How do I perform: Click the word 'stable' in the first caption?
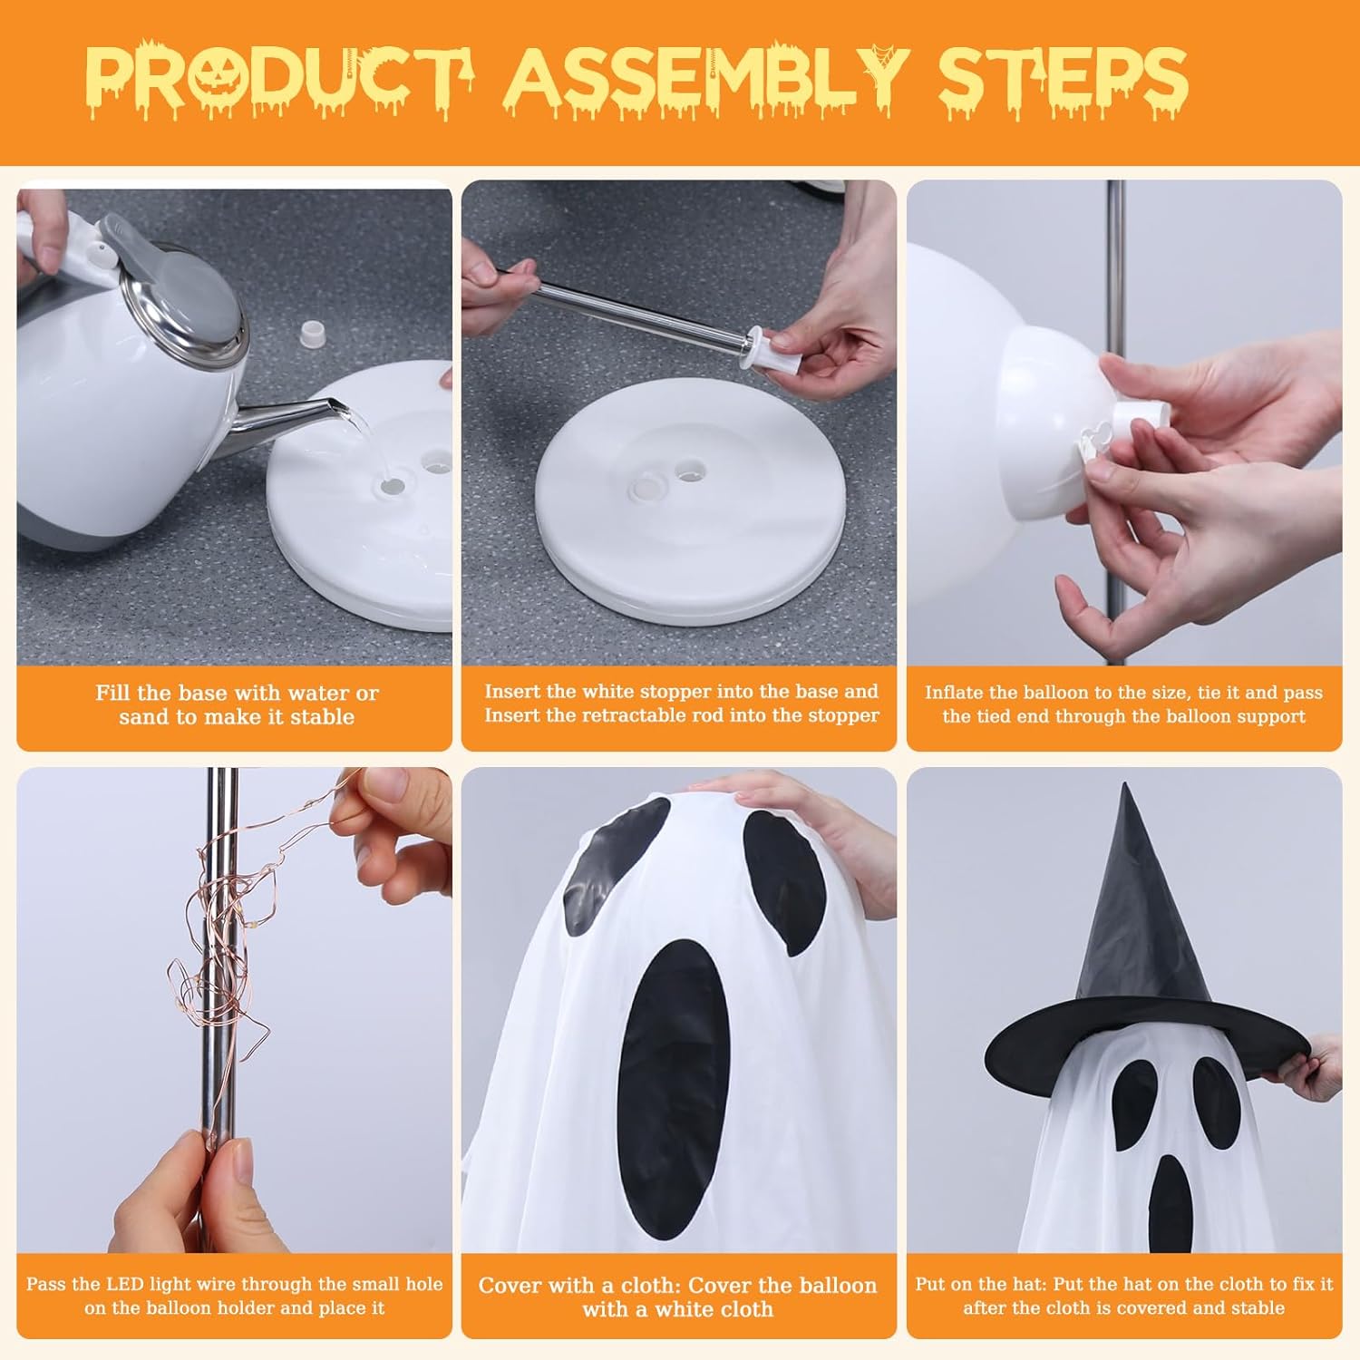(x=322, y=717)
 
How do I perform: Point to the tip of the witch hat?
(x=1127, y=785)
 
